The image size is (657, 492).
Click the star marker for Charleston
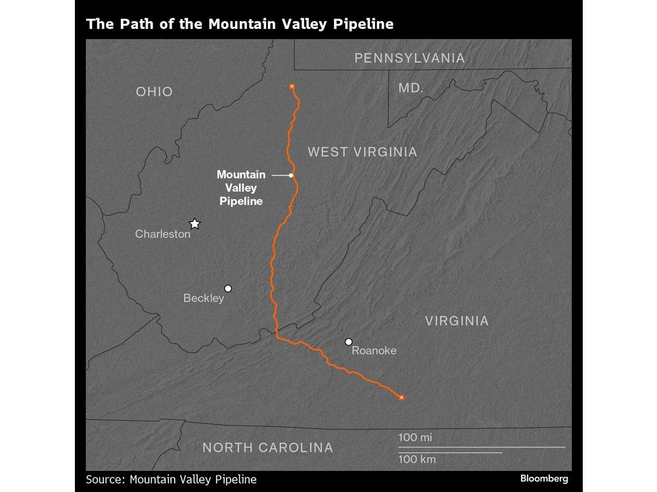194,224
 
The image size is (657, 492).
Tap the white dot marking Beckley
228,288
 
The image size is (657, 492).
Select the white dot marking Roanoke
348,342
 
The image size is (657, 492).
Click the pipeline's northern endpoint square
292,86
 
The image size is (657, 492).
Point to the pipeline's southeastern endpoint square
401,398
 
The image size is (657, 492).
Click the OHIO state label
154,92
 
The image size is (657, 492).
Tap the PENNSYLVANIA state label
409,58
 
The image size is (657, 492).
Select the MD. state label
411,88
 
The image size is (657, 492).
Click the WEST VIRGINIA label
363,152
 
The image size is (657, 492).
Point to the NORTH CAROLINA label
267,448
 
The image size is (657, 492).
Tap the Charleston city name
163,234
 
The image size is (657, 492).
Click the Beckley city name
204,298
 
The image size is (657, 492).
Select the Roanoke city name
374,351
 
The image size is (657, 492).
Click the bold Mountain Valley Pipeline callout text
240,188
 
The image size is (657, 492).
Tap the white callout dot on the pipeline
290,175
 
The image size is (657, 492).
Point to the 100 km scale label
417,459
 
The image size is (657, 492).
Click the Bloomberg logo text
544,478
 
